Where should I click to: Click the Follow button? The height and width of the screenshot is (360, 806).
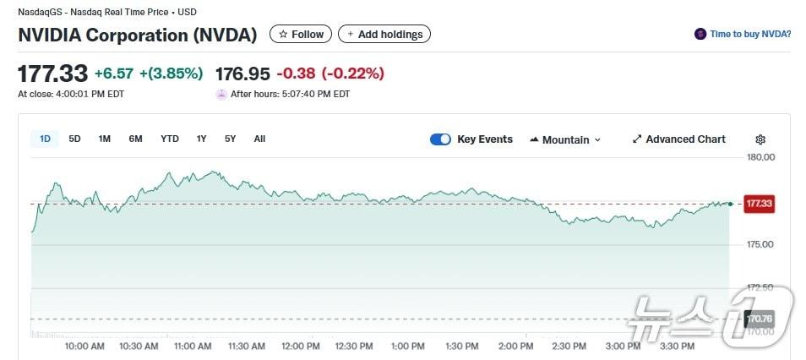(301, 35)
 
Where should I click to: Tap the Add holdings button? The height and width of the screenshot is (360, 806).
(384, 35)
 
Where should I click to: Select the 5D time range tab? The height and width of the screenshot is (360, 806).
(74, 139)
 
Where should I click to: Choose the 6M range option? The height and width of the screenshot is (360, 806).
(135, 139)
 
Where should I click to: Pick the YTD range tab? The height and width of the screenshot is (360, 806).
(170, 139)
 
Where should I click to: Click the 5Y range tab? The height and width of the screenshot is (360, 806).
(230, 139)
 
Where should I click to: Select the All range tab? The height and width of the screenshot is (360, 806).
(259, 139)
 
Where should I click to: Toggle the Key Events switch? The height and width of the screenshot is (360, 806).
(440, 139)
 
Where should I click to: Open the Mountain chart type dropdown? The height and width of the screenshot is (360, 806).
(565, 140)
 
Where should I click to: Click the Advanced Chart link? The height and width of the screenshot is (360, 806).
(678, 139)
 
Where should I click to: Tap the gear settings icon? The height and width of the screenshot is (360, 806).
(760, 140)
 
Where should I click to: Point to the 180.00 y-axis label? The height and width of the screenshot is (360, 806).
(761, 157)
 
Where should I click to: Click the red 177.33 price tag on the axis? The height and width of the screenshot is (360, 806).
(759, 204)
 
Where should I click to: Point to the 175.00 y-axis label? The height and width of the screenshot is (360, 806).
(761, 244)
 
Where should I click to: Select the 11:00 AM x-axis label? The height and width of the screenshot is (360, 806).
(193, 346)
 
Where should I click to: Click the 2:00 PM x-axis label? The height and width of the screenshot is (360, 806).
(515, 346)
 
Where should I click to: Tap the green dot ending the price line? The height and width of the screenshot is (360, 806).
(730, 204)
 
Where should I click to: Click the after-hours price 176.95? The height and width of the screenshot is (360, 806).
(242, 74)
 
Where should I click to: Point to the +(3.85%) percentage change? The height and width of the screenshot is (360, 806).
(172, 74)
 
